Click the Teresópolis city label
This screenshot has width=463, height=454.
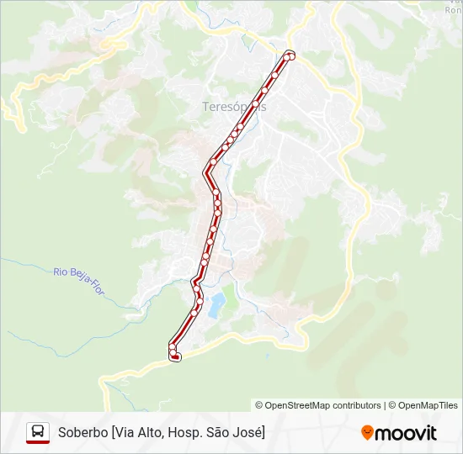click(x=233, y=107)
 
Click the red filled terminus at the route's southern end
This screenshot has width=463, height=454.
click(x=175, y=357)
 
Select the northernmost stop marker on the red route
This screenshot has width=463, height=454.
click(x=290, y=55)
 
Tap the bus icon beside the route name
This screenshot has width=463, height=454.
click(x=38, y=432)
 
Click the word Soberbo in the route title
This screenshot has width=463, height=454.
click(x=82, y=432)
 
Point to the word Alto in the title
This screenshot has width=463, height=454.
click(x=148, y=432)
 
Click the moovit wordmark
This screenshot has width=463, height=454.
click(x=407, y=433)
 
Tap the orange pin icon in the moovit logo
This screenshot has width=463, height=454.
click(x=367, y=433)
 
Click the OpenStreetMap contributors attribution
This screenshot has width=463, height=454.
click(x=318, y=405)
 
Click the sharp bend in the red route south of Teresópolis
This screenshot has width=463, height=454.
click(x=205, y=172)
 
